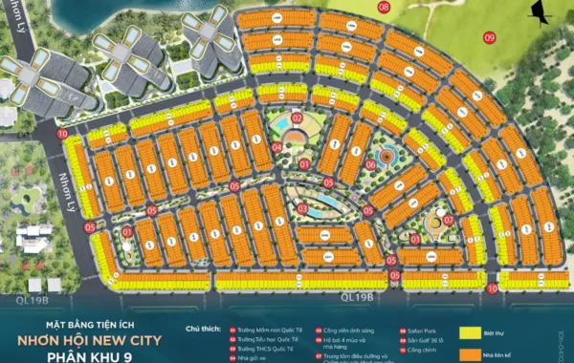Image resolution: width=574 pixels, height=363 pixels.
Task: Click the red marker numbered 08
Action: click(384, 7)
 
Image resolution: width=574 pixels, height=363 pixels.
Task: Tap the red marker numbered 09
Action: click(490, 37)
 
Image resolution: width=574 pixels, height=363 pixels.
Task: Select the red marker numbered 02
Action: click(298, 118)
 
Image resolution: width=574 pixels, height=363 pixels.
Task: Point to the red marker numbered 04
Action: click(276, 148)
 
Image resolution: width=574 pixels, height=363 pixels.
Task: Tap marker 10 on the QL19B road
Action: click(492, 288)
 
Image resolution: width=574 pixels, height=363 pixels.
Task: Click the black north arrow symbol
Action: click(541, 14)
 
